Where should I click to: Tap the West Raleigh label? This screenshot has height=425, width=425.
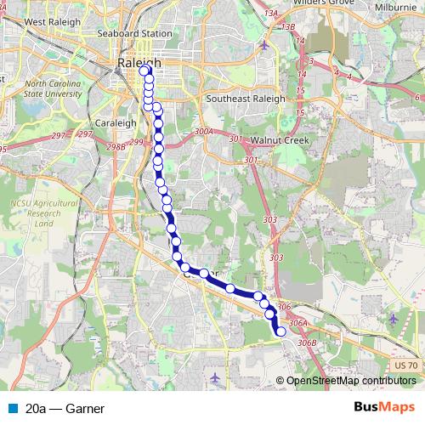(x=46, y=20)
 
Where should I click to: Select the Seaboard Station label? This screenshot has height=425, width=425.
(x=136, y=33)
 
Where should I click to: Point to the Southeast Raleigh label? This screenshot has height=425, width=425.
(x=246, y=99)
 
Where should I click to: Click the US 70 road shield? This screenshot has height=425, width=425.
(x=406, y=365)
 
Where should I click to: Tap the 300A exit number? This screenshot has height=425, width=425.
(x=205, y=132)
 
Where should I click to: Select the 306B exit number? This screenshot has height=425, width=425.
(x=308, y=342)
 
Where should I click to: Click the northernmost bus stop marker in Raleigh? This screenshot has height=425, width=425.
(x=143, y=71)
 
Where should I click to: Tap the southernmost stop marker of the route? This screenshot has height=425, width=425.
(x=281, y=331)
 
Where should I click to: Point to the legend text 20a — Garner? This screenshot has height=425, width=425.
(x=65, y=409)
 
